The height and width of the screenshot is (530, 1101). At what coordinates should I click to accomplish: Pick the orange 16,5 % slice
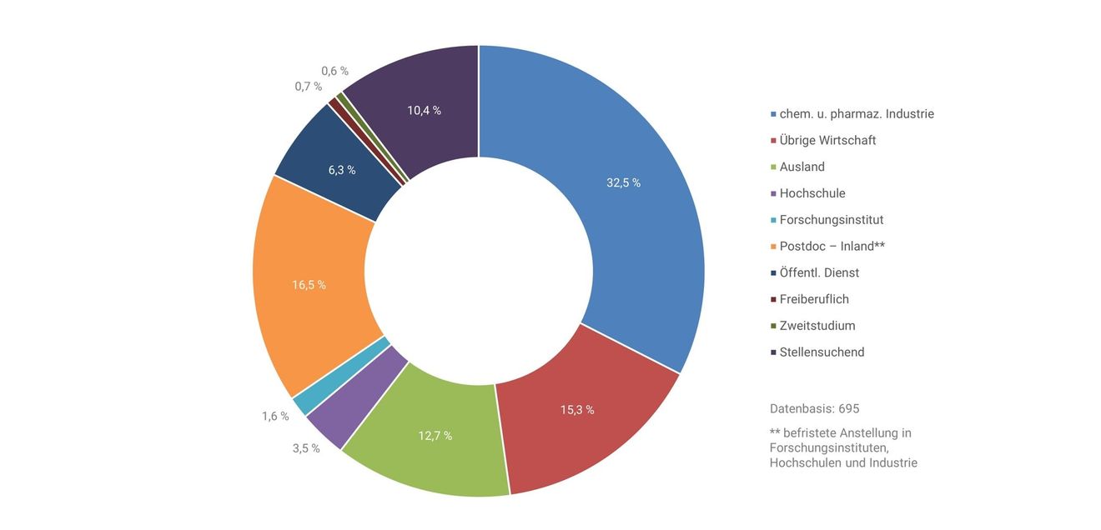point(309,285)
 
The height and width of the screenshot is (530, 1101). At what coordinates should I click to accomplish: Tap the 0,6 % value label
point(334,71)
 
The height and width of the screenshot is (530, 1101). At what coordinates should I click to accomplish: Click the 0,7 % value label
point(308,87)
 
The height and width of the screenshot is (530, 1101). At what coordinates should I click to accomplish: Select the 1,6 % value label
point(275,417)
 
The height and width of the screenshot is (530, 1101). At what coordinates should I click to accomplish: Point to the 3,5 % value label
point(306,448)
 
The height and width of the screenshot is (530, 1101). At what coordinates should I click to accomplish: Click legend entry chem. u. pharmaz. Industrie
point(852,114)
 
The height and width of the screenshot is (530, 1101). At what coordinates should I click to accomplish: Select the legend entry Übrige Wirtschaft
point(823,141)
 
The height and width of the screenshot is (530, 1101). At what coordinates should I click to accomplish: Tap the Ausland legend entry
point(797,167)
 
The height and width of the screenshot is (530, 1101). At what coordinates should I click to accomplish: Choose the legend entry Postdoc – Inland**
point(827,246)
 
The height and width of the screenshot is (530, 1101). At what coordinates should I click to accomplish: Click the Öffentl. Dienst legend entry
point(815,272)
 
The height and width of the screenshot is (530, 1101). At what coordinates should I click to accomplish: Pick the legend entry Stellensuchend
point(817,352)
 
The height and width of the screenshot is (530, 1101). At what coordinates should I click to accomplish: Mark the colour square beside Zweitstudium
point(773,326)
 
